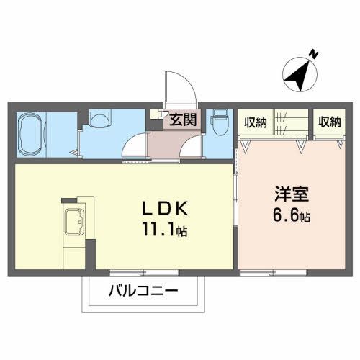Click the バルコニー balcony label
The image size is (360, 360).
click(x=143, y=292)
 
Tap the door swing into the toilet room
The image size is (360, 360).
click(x=192, y=147)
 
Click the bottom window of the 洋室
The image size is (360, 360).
click(x=274, y=273)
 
